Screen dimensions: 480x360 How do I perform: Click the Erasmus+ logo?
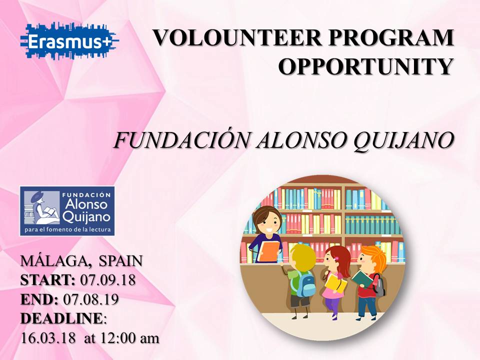[x=69, y=41]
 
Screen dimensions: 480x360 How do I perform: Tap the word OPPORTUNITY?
[x=365, y=66]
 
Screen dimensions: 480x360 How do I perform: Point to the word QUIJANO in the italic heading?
[x=403, y=141]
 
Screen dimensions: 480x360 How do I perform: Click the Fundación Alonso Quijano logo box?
[x=67, y=211]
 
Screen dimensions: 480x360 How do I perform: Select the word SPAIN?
[x=121, y=261]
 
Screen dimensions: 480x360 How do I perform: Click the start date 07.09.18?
[x=108, y=280]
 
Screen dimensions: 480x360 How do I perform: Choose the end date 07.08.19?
[x=91, y=299]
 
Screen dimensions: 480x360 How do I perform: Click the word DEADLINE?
[x=61, y=318]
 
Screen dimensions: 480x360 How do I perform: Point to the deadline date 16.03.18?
[x=48, y=338]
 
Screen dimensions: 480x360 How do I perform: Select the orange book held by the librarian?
[x=268, y=251]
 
